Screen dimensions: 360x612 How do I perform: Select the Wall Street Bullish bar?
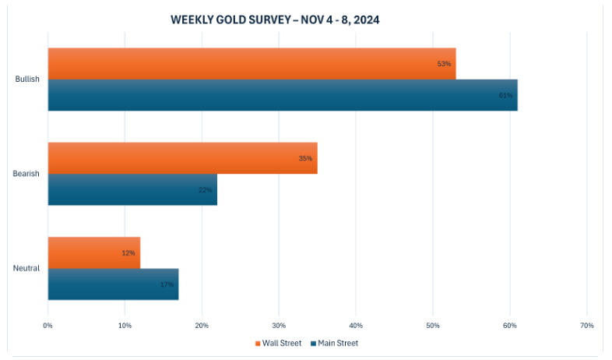[x=251, y=64]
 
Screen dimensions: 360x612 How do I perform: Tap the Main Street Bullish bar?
[x=282, y=95]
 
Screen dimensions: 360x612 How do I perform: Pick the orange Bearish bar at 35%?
[x=181, y=158]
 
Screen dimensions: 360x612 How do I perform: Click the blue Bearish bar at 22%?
[x=132, y=189]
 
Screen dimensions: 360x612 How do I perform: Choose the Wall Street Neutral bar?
[x=93, y=252]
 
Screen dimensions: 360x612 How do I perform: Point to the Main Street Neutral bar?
[x=113, y=284]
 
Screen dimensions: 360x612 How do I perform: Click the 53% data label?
[x=444, y=64]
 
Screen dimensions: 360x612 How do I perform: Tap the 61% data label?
[x=505, y=95]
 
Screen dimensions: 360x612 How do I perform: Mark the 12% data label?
[x=128, y=252]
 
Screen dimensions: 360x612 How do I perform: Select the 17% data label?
[x=167, y=284]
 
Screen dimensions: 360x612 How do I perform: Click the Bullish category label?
[x=27, y=79]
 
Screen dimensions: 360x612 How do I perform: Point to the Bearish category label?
[x=27, y=174]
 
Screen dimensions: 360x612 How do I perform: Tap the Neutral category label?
[x=27, y=268]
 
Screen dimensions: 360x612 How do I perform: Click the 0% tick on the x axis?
[x=48, y=325]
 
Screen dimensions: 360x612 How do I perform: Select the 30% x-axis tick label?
[x=279, y=325]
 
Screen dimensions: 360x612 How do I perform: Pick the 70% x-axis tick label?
[x=587, y=325]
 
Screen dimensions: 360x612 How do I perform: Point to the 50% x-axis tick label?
[x=433, y=325]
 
